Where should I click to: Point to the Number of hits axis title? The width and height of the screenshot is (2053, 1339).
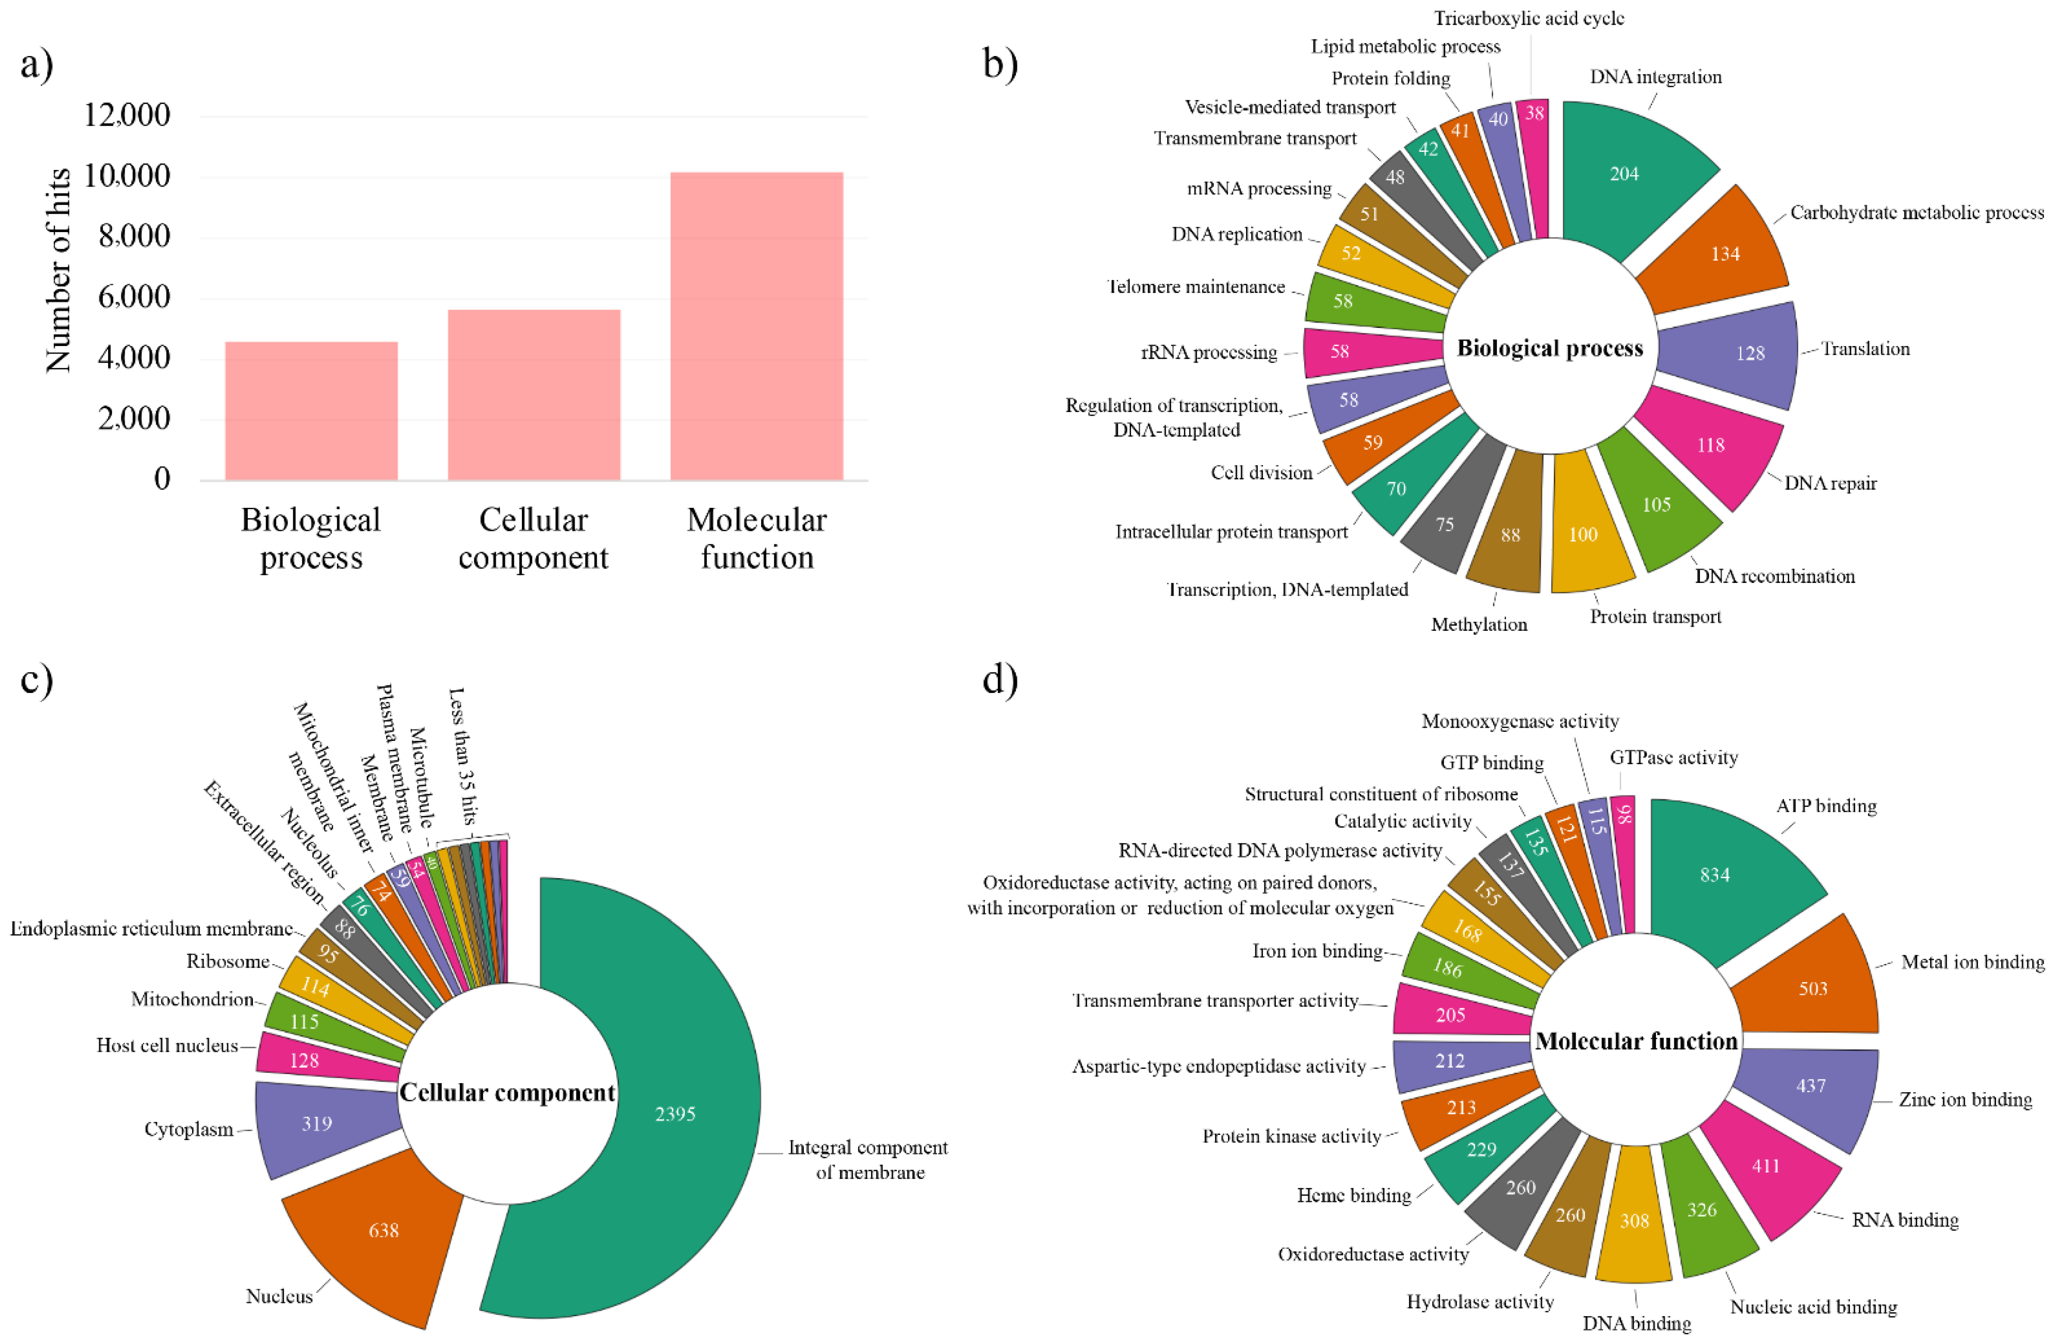[x=59, y=270]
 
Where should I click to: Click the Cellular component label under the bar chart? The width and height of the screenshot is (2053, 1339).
[x=533, y=538]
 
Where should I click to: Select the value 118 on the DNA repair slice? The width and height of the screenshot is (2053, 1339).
[x=1710, y=445]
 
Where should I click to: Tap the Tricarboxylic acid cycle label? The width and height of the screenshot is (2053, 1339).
[x=1529, y=18]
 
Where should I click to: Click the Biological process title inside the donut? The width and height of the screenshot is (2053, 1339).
[x=1550, y=348]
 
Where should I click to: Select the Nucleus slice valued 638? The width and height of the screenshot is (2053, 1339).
[x=384, y=1230]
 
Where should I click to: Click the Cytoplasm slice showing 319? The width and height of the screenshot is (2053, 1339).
[x=316, y=1124]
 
